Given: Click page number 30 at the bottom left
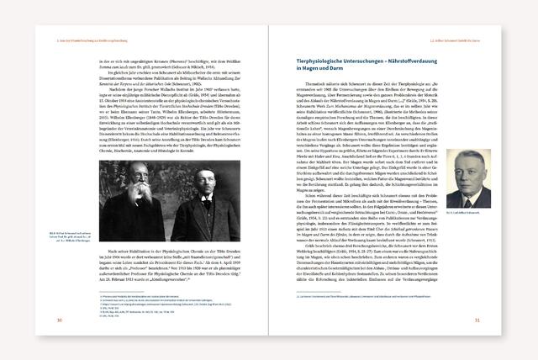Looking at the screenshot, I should tap(59, 320).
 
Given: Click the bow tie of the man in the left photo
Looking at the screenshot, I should tap(186, 193).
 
